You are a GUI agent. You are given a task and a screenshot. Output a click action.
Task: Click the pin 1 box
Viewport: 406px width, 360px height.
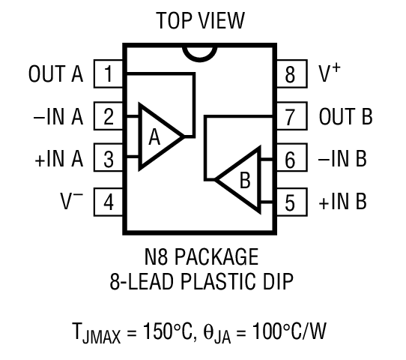click(109, 74)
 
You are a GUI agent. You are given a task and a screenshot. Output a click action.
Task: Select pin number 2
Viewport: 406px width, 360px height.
click(109, 117)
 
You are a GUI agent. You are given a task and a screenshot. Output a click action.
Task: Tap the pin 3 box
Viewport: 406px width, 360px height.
click(109, 159)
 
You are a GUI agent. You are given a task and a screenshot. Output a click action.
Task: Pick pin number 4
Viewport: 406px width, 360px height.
click(109, 202)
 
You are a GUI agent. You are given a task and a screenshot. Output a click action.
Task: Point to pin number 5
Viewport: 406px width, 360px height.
click(291, 202)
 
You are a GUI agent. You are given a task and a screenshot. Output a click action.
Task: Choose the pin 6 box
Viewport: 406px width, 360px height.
click(291, 159)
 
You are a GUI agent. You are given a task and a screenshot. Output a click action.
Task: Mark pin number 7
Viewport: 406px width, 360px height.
click(291, 117)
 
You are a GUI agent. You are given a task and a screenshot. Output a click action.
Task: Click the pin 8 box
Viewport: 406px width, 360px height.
click(291, 74)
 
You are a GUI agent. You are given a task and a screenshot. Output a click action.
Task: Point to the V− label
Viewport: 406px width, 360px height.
click(70, 200)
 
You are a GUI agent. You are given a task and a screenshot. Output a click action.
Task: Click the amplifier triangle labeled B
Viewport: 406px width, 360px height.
click(241, 180)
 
